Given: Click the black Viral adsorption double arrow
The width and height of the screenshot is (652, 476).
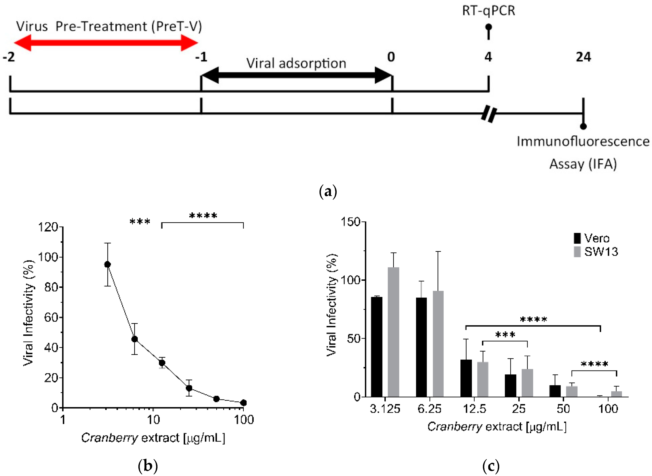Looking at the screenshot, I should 297,76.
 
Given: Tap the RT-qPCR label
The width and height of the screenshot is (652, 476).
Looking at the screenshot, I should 488,11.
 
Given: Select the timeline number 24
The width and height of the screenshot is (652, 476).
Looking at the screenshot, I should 583,57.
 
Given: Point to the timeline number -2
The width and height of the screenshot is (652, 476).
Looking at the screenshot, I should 9,57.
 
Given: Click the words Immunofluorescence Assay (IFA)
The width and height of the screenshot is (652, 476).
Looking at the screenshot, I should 583,153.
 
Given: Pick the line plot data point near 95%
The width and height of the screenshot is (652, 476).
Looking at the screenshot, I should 107,264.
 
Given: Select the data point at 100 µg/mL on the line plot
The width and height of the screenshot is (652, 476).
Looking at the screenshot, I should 243,402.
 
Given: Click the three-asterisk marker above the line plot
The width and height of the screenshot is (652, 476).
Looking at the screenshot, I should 140,222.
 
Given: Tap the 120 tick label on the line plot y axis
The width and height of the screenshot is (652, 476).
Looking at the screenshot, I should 48,227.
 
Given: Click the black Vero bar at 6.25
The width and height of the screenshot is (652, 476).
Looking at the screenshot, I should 421,347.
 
